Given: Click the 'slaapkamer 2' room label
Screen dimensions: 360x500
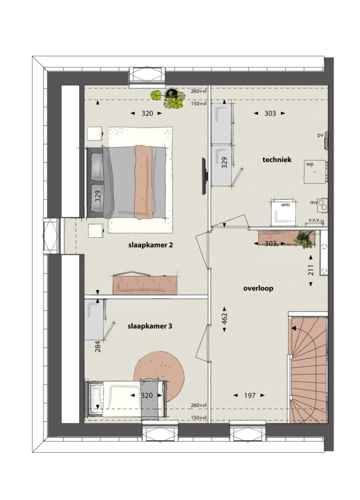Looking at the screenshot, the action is pyautogui.click(x=150, y=245).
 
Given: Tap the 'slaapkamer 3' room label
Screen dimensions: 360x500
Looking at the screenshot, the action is pyautogui.click(x=150, y=326).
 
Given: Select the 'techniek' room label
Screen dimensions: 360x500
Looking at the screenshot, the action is pyautogui.click(x=277, y=160).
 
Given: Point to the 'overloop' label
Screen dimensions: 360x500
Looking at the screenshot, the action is pyautogui.click(x=258, y=288).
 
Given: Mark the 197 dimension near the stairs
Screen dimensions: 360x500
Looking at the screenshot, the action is pyautogui.click(x=250, y=396).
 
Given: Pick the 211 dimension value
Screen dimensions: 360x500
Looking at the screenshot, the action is pyautogui.click(x=311, y=270).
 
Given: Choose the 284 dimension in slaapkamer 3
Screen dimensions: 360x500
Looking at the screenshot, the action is pyautogui.click(x=98, y=347).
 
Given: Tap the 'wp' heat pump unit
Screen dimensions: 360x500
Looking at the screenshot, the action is pyautogui.click(x=315, y=171).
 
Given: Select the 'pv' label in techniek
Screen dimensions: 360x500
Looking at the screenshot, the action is pyautogui.click(x=320, y=135).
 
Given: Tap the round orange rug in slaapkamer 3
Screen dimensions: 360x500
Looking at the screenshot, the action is pyautogui.click(x=159, y=376).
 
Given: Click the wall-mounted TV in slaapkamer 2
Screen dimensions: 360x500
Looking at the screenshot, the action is pyautogui.click(x=205, y=176).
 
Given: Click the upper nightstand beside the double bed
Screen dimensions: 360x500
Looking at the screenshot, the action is pyautogui.click(x=95, y=134).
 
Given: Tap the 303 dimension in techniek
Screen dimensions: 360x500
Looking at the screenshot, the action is pyautogui.click(x=270, y=113).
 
